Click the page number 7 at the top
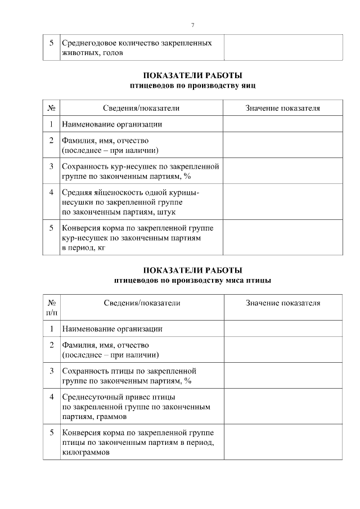point(193,25)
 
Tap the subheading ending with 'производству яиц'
point(193,85)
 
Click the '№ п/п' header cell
point(51,307)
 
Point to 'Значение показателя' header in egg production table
point(282,108)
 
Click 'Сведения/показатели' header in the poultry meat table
point(142,303)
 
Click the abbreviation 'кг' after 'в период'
point(101,247)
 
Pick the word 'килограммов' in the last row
point(86,452)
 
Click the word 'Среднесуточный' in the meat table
point(93,397)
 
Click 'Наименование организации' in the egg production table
point(112,124)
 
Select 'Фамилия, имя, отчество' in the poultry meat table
point(105,345)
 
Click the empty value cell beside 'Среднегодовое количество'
point(282,47)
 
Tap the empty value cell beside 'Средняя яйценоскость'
point(282,202)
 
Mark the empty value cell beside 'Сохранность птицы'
point(282,376)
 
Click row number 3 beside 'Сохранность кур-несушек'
point(51,166)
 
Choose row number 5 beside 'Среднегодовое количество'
point(51,43)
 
